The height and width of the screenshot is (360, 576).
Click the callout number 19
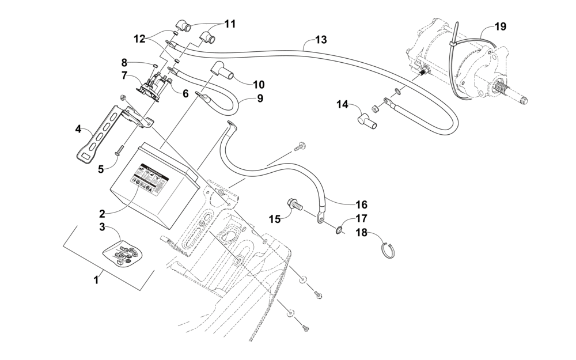(x=500, y=26)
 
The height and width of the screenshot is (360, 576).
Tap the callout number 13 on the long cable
(x=321, y=40)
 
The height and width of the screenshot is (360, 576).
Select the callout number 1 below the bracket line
(x=96, y=280)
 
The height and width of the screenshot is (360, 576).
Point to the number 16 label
(x=362, y=204)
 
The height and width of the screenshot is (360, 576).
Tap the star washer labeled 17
(x=338, y=230)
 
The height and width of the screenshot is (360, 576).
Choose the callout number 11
(x=229, y=24)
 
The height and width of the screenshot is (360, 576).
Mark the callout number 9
(x=260, y=98)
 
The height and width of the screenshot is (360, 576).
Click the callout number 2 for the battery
(x=102, y=214)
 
